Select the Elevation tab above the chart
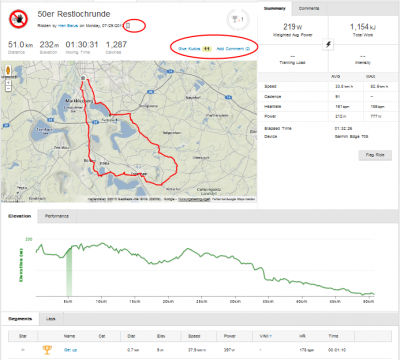[19, 215]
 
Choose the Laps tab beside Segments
[51, 319]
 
